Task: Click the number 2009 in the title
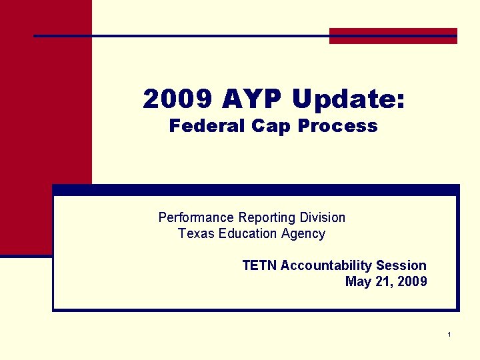click(178, 100)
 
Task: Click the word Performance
click(196, 217)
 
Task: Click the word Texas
click(194, 233)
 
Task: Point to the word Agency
click(303, 233)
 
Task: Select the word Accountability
click(327, 265)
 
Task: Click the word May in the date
click(358, 281)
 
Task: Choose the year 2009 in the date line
click(412, 281)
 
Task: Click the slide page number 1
click(450, 333)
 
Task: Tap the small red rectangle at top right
click(393, 36)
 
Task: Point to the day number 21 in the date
click(383, 281)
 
